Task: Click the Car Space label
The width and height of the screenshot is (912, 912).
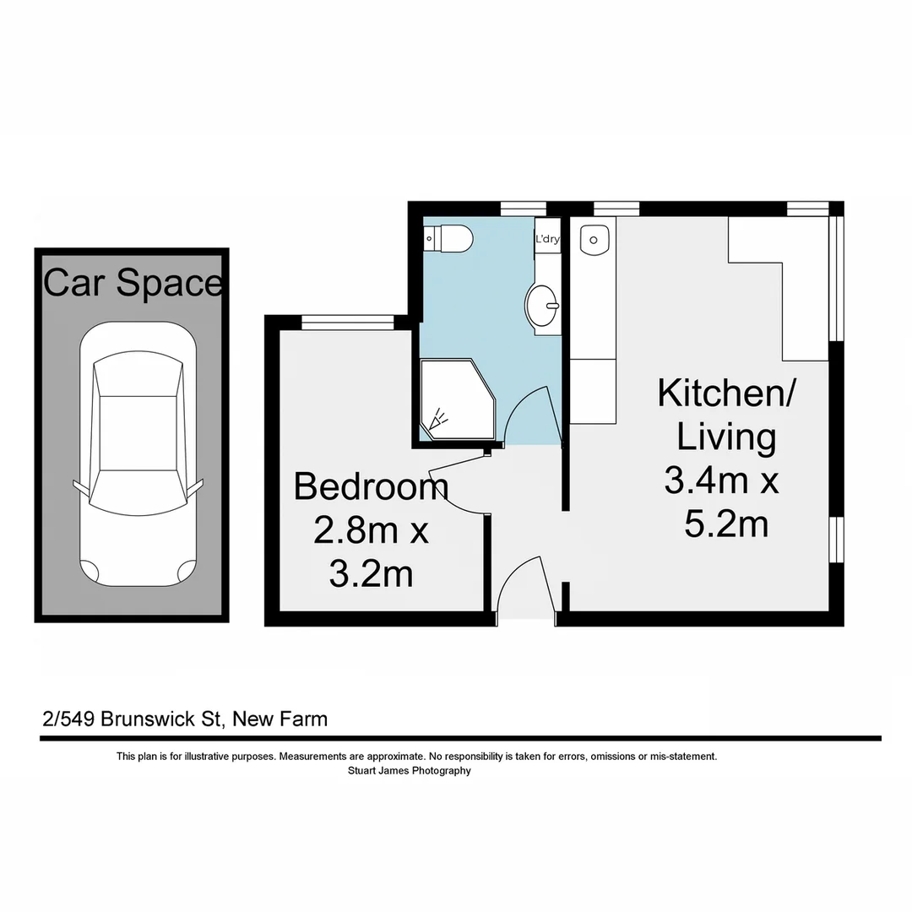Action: tap(133, 283)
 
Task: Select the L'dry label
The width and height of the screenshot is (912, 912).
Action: tap(547, 239)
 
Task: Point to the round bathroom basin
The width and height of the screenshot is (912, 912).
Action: tap(543, 303)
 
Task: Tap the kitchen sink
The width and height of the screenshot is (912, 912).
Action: tap(594, 240)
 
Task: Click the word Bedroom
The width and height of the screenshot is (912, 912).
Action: tap(371, 487)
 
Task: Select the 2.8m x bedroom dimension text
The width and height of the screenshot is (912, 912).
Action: tap(371, 531)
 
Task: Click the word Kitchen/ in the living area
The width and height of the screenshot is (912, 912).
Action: tap(725, 394)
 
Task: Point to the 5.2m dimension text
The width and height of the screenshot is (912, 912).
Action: tap(726, 524)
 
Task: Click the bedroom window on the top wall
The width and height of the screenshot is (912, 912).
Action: tap(348, 321)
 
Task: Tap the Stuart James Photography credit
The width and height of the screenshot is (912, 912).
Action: tap(410, 770)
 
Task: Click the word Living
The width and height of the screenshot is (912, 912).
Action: tap(726, 437)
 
